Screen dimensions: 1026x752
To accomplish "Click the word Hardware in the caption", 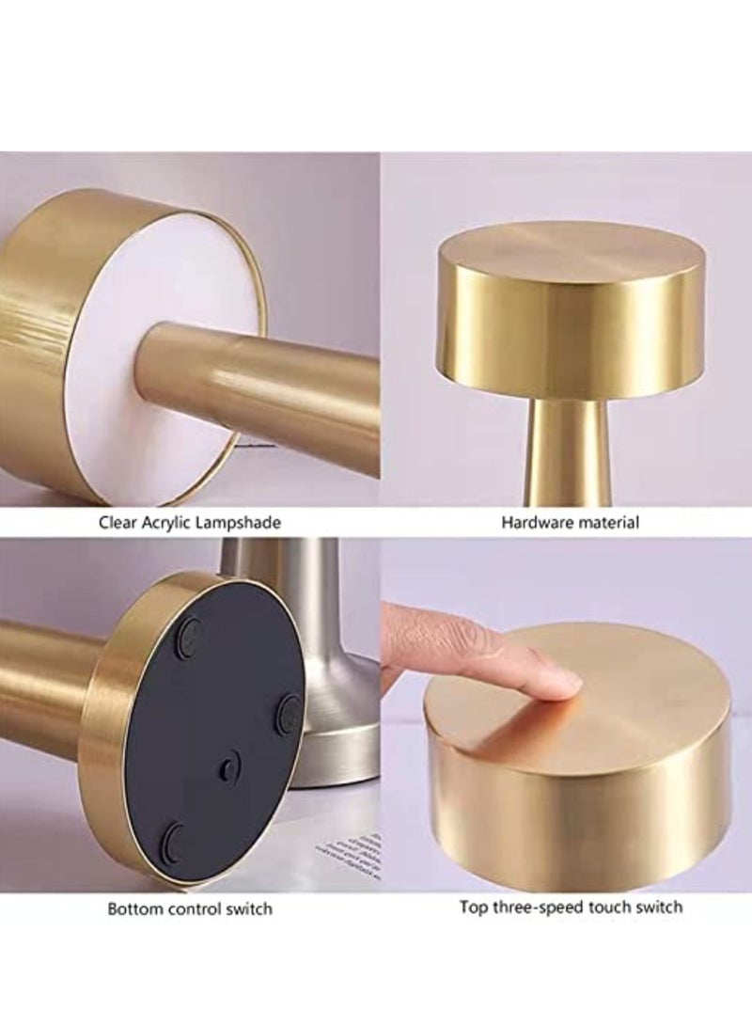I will coord(534,522).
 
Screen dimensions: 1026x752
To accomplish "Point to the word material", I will coord(605,522).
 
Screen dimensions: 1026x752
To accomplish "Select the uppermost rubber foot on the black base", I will coord(194,631).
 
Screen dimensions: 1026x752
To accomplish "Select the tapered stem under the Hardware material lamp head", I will coord(571,451).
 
